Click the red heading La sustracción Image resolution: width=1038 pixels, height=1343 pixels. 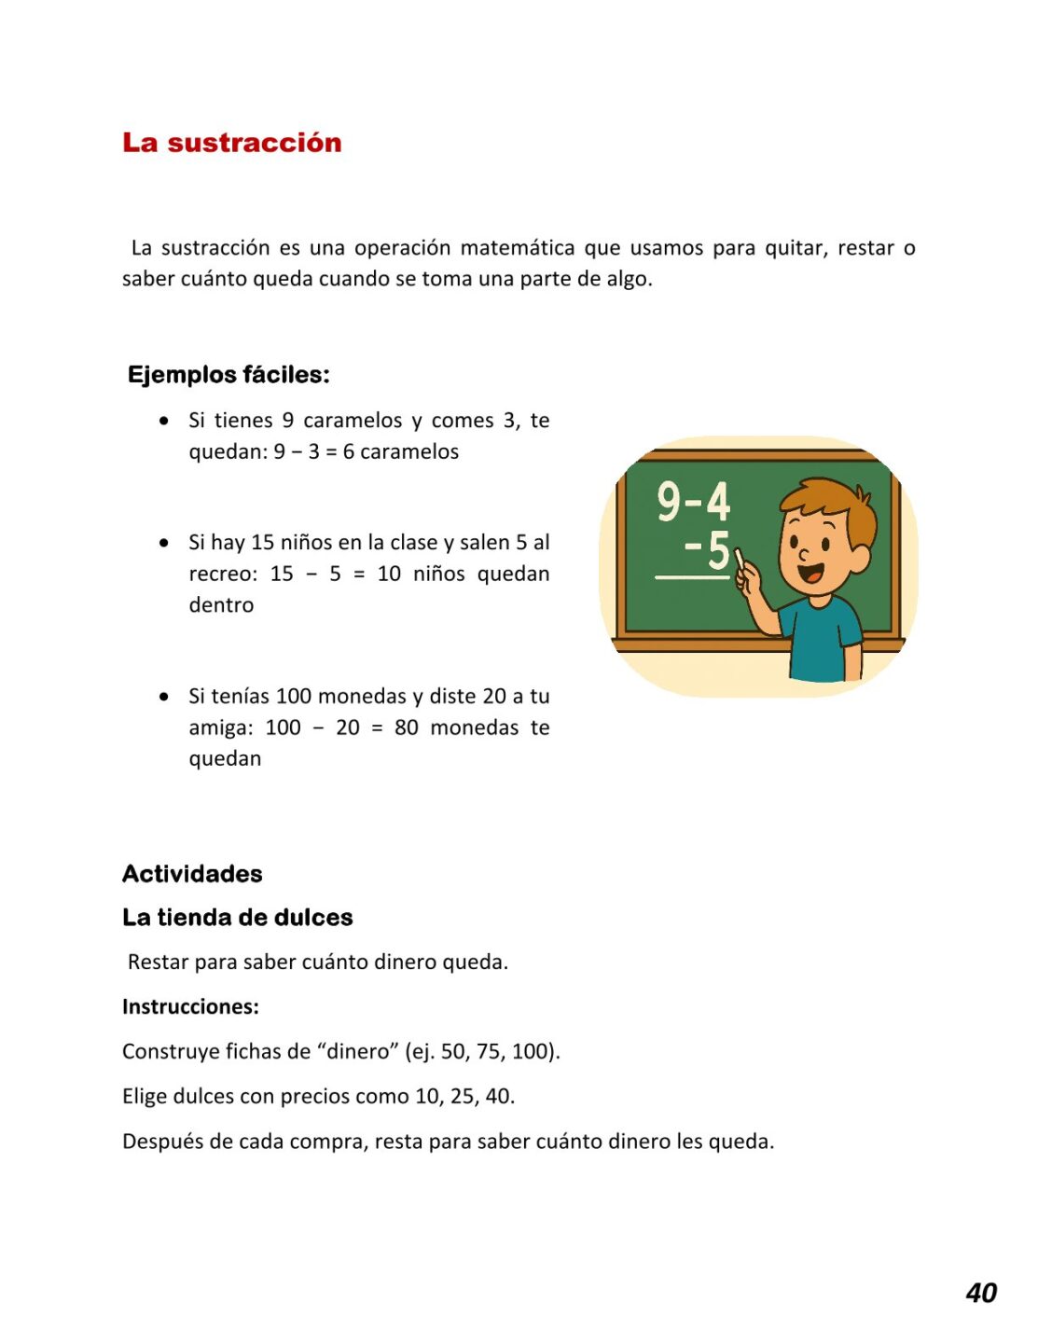point(231,143)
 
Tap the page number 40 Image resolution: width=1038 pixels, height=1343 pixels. point(981,1293)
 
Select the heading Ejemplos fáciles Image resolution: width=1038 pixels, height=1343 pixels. point(228,375)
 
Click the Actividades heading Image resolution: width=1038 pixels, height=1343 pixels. point(192,874)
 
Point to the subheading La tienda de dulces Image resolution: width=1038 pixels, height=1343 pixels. point(237,918)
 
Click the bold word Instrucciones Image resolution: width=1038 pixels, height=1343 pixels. point(190,1007)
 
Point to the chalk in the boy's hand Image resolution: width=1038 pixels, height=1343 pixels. point(740,559)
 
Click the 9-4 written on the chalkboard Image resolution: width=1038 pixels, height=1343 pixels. point(693,502)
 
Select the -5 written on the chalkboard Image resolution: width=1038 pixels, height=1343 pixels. point(707,549)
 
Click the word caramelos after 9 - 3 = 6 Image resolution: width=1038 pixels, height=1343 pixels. point(409,452)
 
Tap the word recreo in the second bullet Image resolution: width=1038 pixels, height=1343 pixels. point(221,574)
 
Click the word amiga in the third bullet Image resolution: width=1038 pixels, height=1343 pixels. point(219,727)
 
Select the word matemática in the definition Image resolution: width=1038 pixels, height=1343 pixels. point(517,248)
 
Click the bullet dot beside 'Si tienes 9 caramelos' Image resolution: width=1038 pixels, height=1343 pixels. point(164,422)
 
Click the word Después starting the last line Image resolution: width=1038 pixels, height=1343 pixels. point(159,1142)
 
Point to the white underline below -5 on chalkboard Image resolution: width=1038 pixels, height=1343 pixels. point(692,578)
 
